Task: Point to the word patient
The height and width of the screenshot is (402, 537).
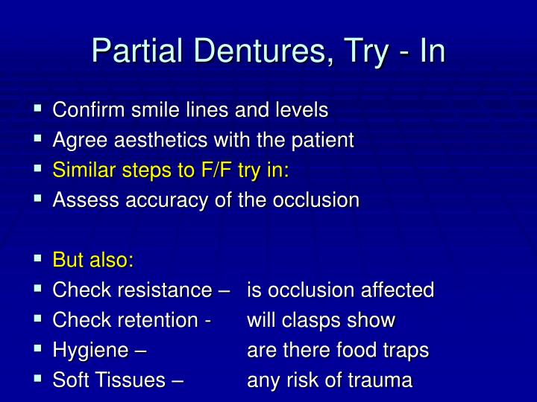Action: pos(324,140)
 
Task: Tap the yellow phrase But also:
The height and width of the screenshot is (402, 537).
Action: pos(93,261)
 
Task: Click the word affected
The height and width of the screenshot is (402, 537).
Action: pos(398,290)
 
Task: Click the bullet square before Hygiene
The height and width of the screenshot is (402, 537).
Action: pos(38,348)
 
